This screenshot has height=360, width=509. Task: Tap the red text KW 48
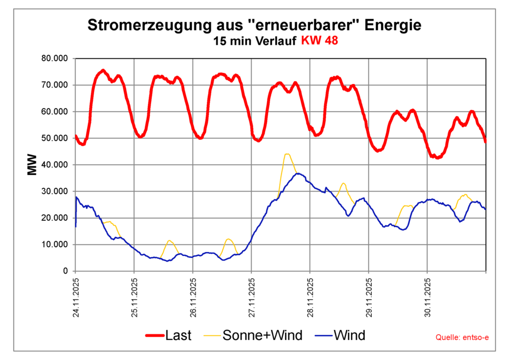click(319, 41)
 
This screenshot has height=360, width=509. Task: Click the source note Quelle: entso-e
click(462, 338)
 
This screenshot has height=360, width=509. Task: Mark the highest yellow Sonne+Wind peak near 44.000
click(287, 154)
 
